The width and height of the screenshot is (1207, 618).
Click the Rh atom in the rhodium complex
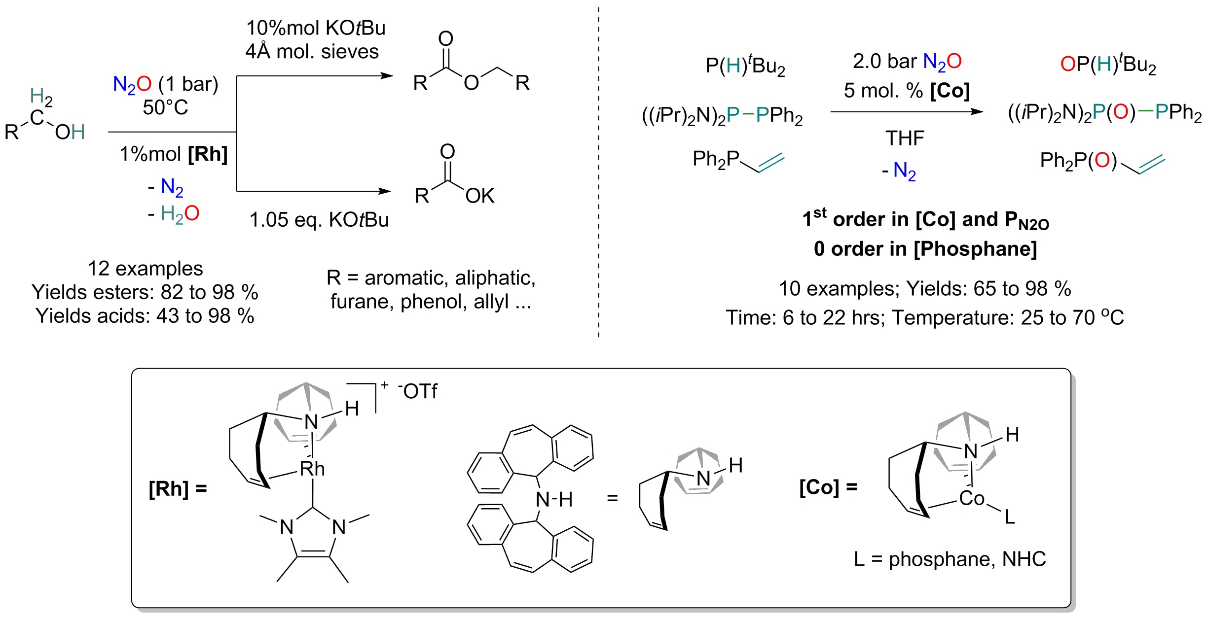click(312, 469)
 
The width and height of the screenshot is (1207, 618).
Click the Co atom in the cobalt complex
click(971, 498)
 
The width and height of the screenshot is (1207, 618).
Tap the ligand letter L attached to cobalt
click(1010, 517)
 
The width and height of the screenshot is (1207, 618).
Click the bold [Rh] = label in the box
click(178, 489)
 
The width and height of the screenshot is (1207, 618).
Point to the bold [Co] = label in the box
click(828, 487)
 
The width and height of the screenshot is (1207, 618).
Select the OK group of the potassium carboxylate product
click(479, 196)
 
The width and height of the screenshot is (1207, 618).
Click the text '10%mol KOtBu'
click(316, 28)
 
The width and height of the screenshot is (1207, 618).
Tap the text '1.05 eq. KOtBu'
click(319, 220)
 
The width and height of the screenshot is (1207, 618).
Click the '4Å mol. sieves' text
click(312, 52)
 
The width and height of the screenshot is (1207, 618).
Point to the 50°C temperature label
click(165, 107)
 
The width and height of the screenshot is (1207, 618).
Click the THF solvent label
click(905, 138)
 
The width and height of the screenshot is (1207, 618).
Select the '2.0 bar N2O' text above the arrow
click(907, 62)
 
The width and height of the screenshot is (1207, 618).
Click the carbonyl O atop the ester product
click(445, 38)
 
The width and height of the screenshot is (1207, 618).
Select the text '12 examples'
click(145, 269)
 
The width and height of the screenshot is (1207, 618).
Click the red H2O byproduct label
click(180, 213)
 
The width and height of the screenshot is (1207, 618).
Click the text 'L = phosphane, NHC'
click(950, 559)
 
